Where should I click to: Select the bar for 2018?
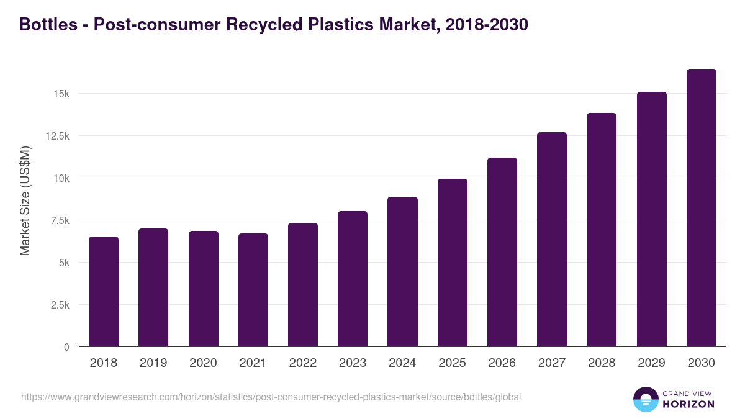[104, 292]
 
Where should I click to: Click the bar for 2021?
[253, 290]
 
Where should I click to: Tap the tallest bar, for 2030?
[701, 208]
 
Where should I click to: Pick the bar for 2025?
[452, 263]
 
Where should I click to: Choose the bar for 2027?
[552, 240]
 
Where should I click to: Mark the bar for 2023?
[353, 279]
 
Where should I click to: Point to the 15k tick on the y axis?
[61, 94]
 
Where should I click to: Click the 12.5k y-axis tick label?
[56, 136]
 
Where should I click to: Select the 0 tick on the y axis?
[66, 347]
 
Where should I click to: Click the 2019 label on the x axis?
[153, 363]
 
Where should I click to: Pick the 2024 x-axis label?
[402, 363]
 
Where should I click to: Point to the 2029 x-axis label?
[651, 363]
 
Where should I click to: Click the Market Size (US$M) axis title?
[25, 200]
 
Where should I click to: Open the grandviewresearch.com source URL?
[271, 397]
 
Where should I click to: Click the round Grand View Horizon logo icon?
[645, 399]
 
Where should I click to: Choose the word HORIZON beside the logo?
[689, 404]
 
